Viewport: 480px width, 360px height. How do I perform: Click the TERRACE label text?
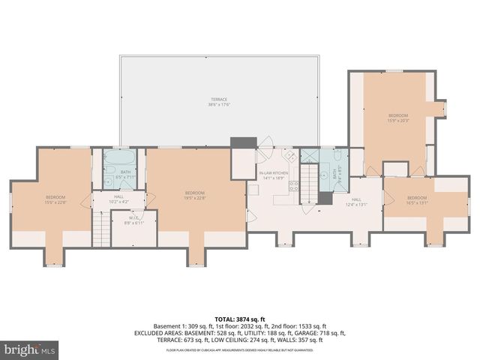pyautogui.click(x=218, y=101)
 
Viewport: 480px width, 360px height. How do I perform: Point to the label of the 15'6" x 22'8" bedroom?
pyautogui.click(x=55, y=199)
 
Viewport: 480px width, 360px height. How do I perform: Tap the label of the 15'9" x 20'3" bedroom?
pyautogui.click(x=397, y=118)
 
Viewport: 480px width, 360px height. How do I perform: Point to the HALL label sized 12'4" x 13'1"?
pyautogui.click(x=355, y=201)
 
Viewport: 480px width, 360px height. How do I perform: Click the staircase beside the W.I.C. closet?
pyautogui.click(x=100, y=229)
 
